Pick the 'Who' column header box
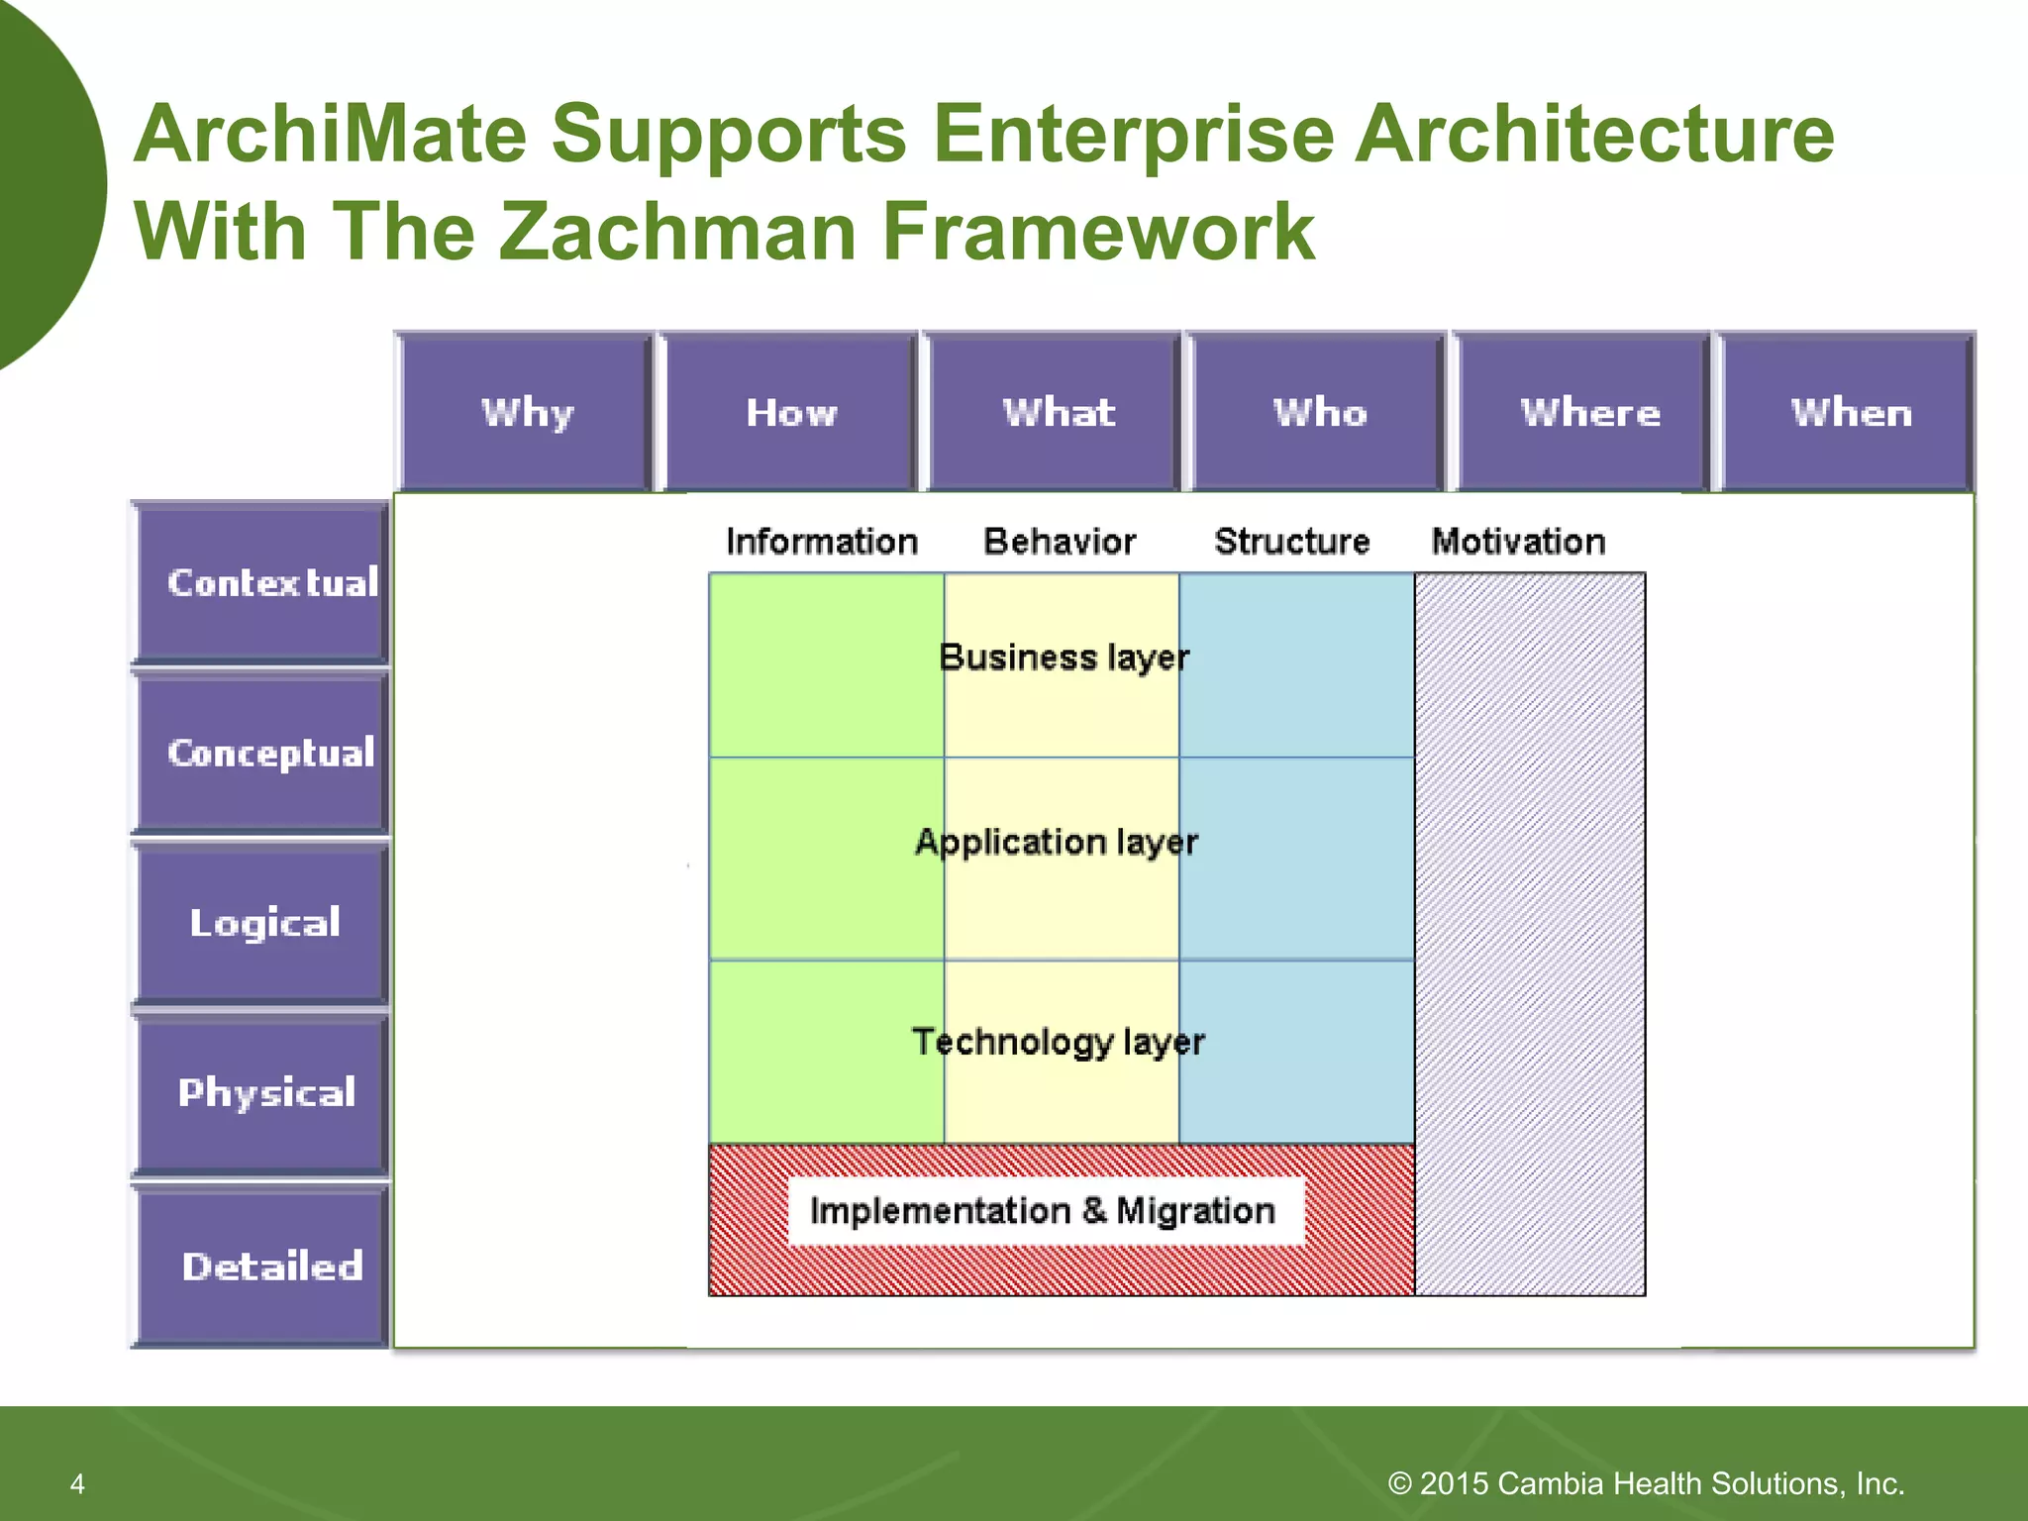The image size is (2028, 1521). tap(1318, 412)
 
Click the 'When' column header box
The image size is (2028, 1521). tap(1850, 412)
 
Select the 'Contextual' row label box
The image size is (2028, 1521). tap(262, 582)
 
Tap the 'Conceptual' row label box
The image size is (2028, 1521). tap(262, 753)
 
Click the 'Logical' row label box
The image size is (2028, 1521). tap(262, 923)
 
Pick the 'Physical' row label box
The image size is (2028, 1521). tap(262, 1093)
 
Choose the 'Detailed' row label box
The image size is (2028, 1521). tap(262, 1266)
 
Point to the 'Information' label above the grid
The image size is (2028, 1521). tap(821, 542)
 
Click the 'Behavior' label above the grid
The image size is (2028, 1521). tap(1059, 542)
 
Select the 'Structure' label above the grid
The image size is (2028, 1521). tap(1291, 542)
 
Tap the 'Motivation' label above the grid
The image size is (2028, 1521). tap(1517, 542)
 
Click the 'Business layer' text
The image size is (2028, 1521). tap(1063, 658)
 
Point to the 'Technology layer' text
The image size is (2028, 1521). tap(1058, 1042)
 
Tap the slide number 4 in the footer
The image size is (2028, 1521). tap(77, 1483)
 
